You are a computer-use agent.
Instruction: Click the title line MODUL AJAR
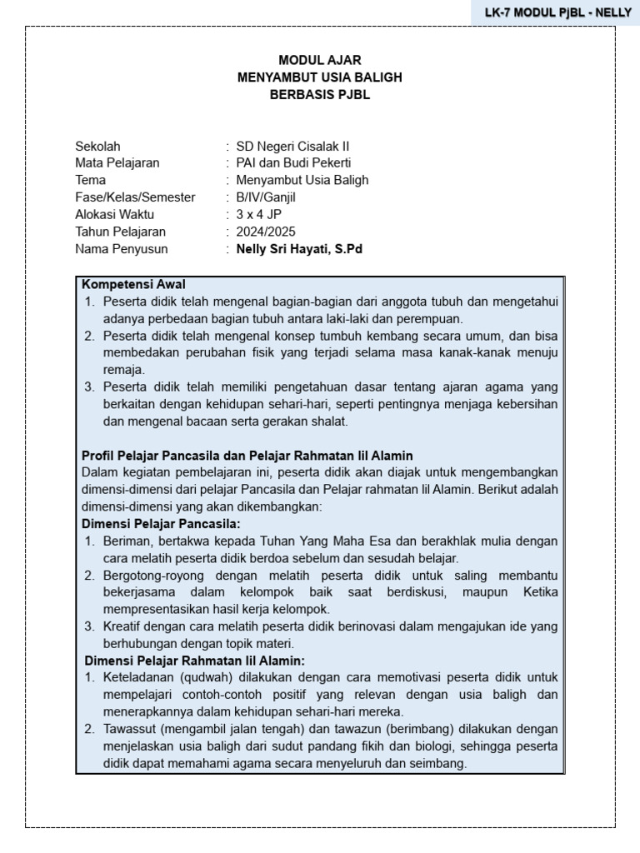pyautogui.click(x=319, y=60)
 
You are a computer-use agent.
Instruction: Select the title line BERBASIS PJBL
pyautogui.click(x=319, y=95)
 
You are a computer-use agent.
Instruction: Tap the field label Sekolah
pyautogui.click(x=97, y=146)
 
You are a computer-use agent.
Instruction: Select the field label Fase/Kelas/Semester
pyautogui.click(x=135, y=197)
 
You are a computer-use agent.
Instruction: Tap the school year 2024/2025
pyautogui.click(x=266, y=232)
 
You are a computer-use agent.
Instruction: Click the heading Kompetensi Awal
pyautogui.click(x=133, y=284)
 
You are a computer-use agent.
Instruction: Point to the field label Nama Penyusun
pyautogui.click(x=122, y=249)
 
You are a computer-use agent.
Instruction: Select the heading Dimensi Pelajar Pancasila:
pyautogui.click(x=161, y=524)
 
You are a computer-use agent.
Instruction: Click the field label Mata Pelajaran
pyautogui.click(x=117, y=162)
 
